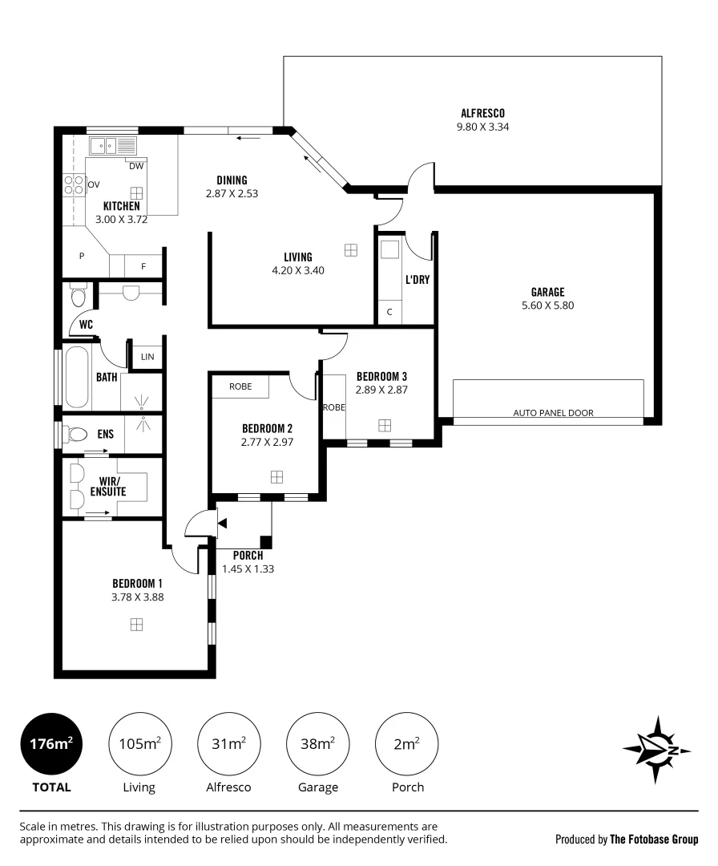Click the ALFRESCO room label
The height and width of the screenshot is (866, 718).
[482, 113]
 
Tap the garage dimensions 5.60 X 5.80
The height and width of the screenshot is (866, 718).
[547, 306]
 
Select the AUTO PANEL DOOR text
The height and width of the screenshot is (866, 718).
[553, 413]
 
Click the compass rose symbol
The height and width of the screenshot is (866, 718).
[657, 750]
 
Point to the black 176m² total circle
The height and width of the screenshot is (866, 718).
[51, 744]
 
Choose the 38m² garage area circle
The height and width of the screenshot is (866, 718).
[318, 744]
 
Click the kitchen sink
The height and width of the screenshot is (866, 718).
[103, 146]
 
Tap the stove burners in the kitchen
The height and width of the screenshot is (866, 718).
[74, 184]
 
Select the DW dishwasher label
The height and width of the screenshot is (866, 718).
[135, 166]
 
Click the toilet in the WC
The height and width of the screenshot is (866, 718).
[79, 295]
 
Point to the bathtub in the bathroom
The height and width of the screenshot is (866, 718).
[77, 376]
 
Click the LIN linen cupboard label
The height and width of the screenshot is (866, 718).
[147, 357]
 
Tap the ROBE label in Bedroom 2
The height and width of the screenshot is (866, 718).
[240, 386]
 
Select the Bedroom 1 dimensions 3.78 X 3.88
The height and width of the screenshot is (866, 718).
[137, 597]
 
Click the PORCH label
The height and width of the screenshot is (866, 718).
[248, 556]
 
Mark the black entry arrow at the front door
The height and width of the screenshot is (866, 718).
[222, 523]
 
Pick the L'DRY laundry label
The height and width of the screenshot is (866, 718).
[417, 280]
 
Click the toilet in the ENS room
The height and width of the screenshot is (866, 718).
[78, 435]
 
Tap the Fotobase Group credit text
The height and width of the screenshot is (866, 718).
[654, 840]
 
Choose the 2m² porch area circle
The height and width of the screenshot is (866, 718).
[407, 744]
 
